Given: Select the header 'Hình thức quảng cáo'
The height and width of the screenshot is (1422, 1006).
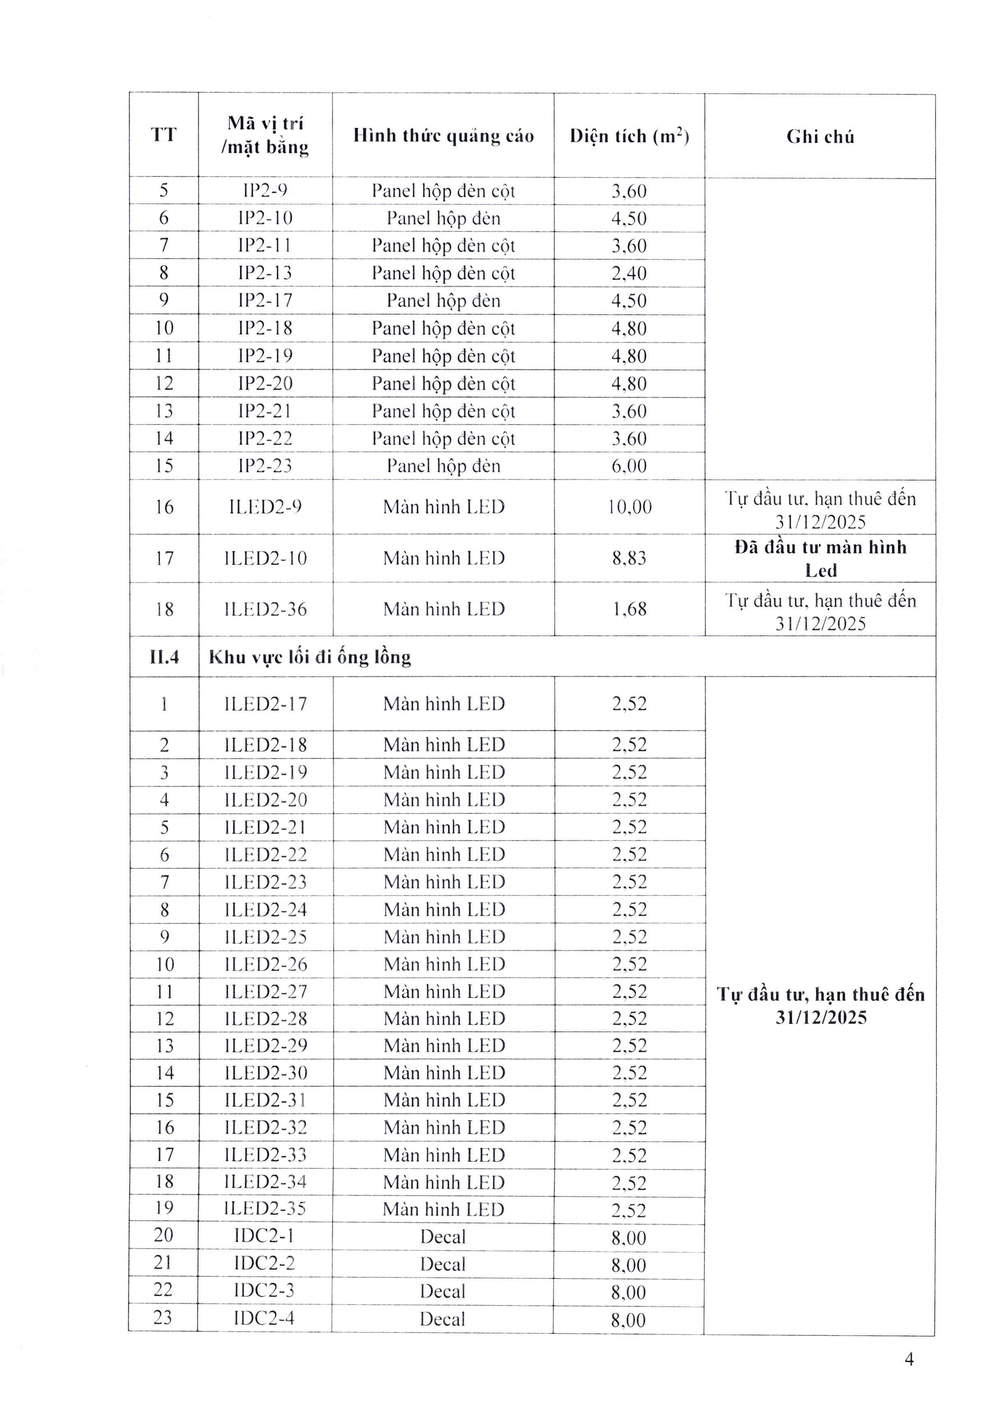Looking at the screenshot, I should (443, 136).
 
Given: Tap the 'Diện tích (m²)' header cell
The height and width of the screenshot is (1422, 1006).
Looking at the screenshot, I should (630, 136).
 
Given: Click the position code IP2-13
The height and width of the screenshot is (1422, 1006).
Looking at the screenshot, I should (265, 273).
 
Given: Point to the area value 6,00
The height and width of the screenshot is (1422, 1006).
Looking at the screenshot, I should (630, 466).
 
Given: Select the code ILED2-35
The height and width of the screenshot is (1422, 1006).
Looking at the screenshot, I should (265, 1208).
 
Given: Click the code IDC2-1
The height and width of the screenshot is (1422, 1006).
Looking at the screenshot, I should (264, 1235).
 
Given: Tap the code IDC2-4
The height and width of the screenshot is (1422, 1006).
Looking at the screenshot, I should (264, 1317).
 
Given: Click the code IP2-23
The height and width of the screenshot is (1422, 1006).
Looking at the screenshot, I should (265, 466).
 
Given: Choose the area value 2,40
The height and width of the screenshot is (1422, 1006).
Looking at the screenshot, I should (630, 273).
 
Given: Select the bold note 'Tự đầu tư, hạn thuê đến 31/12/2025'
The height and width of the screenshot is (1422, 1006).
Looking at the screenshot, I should (820, 1006).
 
